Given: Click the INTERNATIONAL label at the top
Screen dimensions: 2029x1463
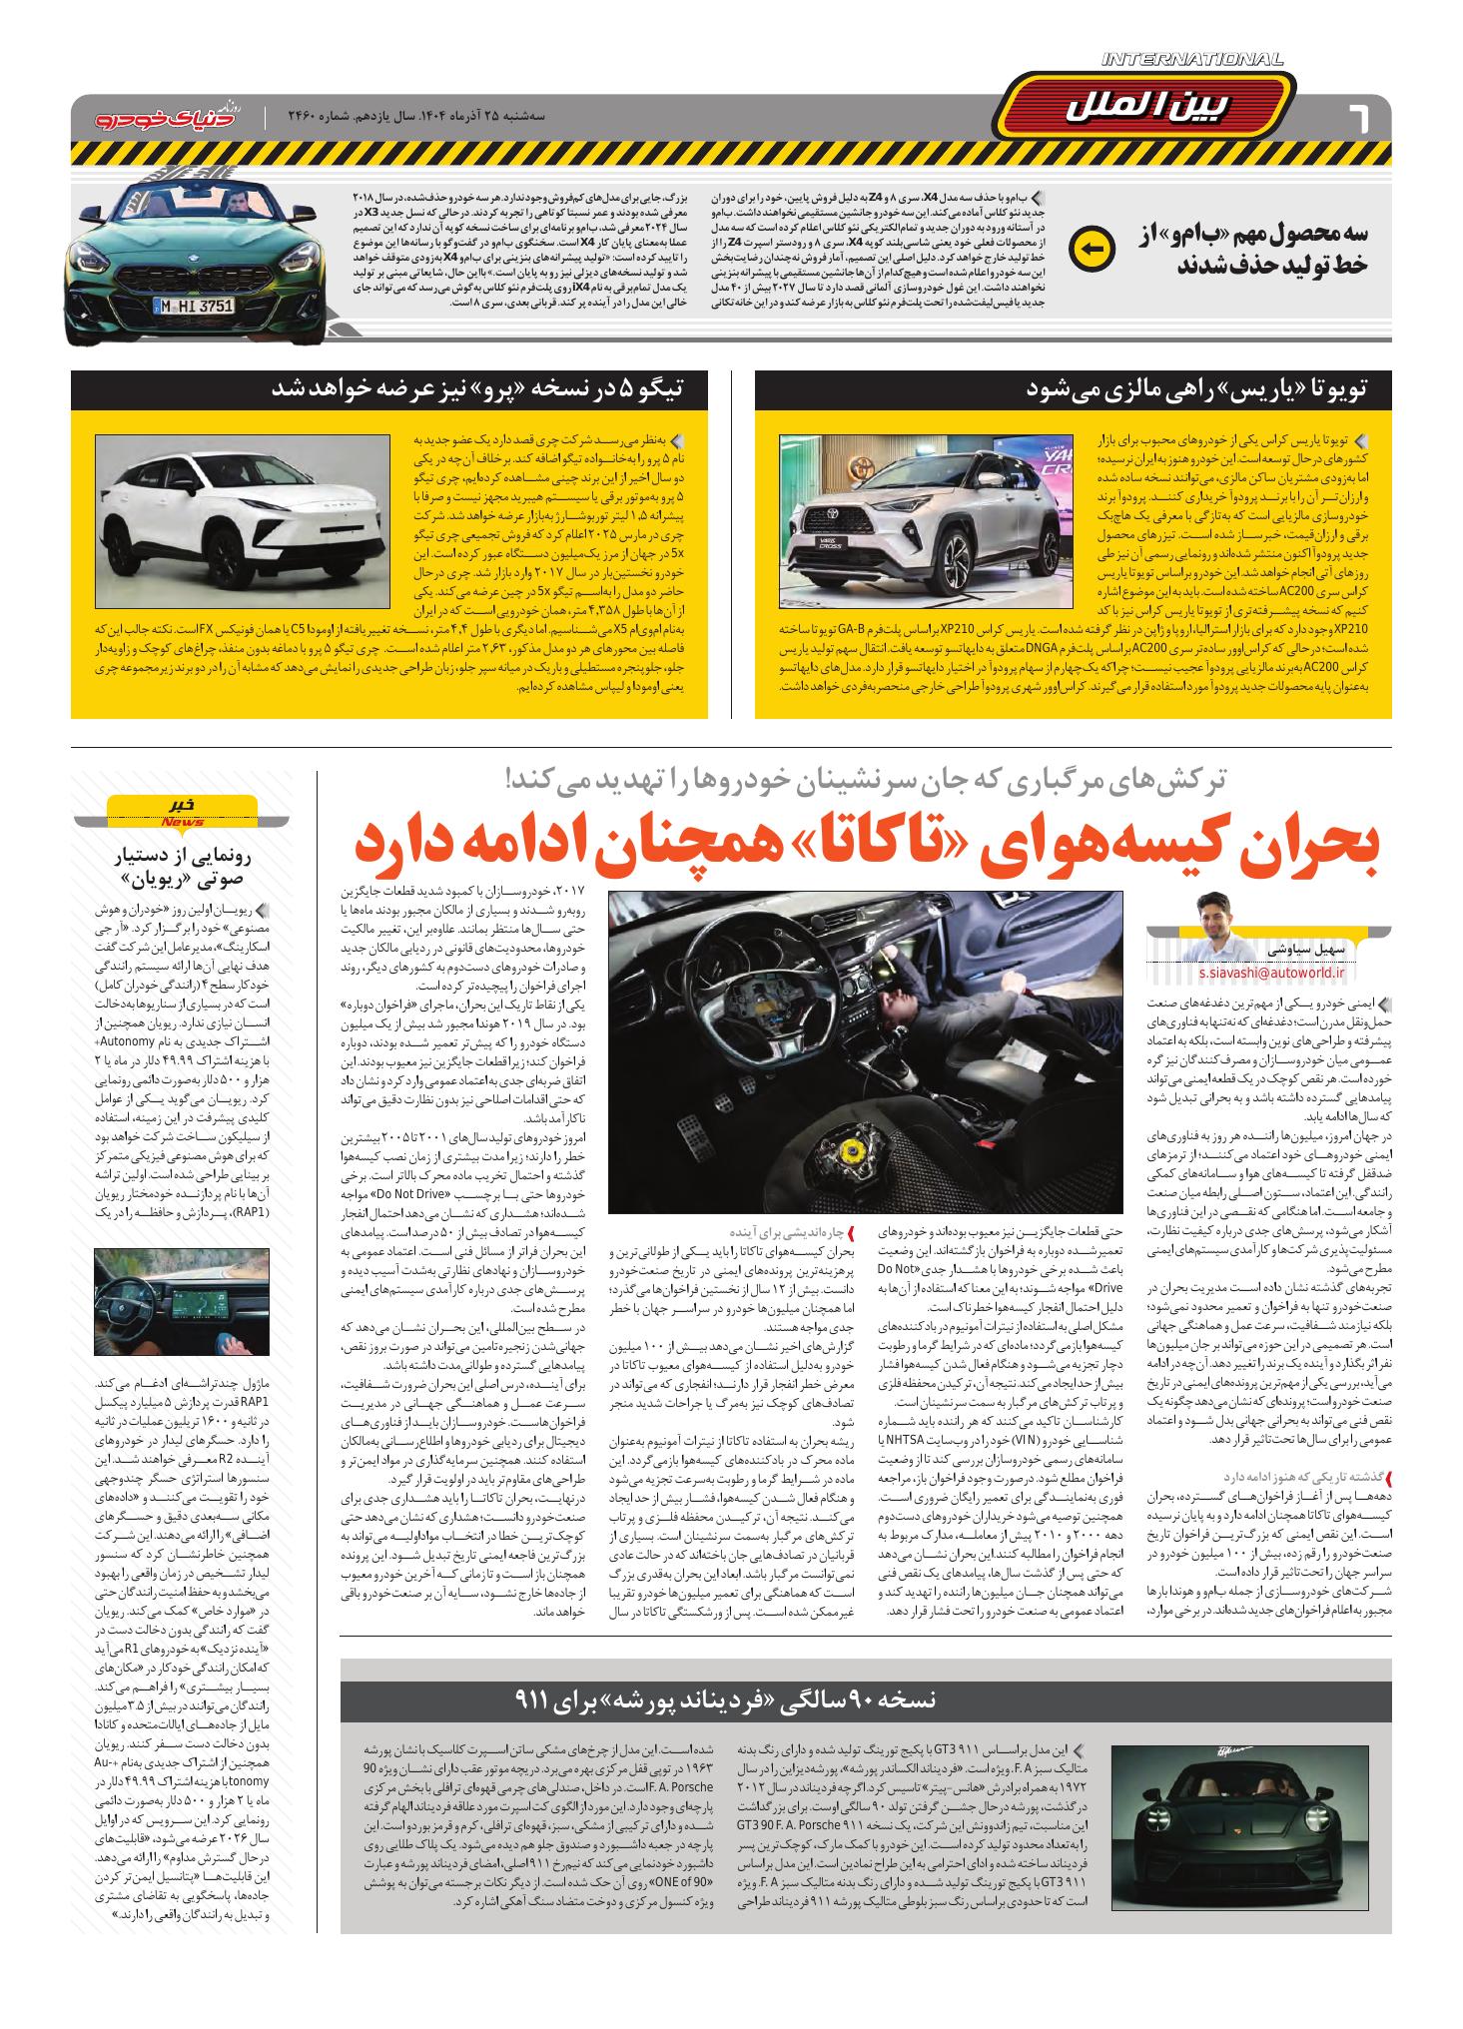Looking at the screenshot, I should (1192, 60).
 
